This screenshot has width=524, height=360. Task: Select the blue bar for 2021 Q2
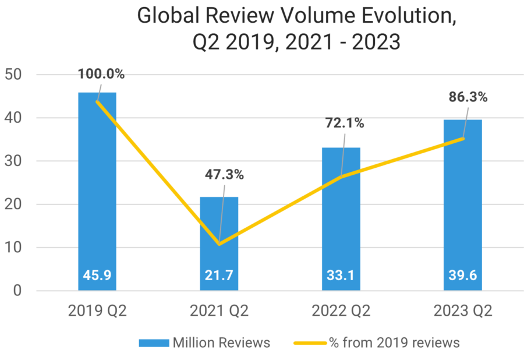pos(219,233)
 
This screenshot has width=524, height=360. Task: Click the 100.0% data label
pos(102,74)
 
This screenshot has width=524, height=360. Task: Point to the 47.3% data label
pos(224,174)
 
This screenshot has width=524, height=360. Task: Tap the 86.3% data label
pos(468,97)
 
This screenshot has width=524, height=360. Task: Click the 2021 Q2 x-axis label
pos(219,311)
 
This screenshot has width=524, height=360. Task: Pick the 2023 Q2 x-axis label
pos(463,311)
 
